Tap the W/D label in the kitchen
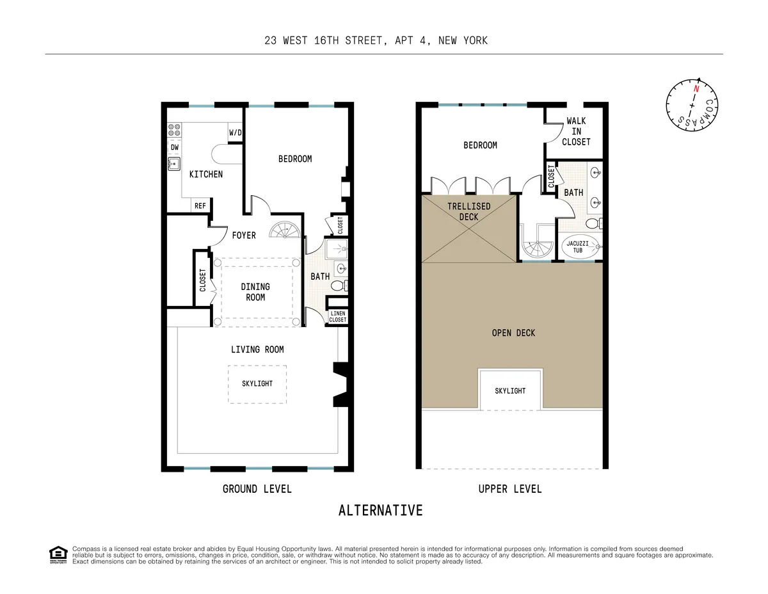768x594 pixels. (236, 133)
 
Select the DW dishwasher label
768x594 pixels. (174, 147)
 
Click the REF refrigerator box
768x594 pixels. (200, 205)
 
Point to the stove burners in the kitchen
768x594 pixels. (174, 131)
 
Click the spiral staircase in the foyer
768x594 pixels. (284, 230)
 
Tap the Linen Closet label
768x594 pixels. (337, 316)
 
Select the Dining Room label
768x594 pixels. (255, 292)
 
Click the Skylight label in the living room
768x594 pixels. (257, 383)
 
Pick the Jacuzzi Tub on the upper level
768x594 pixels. (582, 247)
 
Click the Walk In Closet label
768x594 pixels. (576, 131)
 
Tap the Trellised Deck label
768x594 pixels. (468, 211)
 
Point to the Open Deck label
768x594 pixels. (513, 333)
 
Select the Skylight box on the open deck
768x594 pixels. (510, 390)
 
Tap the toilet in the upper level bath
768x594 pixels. (593, 223)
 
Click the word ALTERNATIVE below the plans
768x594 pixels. (380, 510)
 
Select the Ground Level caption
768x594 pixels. (257, 489)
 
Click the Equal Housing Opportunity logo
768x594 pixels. (58, 554)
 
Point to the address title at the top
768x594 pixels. (376, 40)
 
